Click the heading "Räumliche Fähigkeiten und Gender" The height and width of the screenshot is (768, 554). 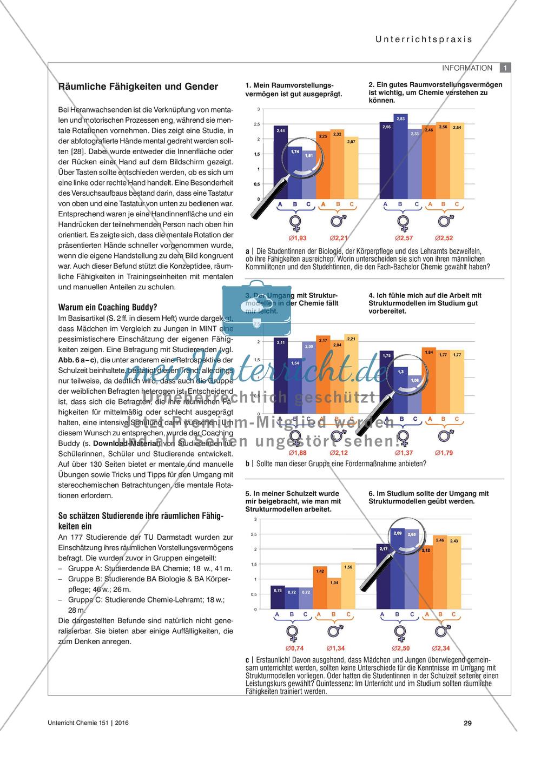point(138,87)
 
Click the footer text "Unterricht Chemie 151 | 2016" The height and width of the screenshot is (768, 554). point(85,723)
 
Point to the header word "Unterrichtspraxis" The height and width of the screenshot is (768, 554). point(416,39)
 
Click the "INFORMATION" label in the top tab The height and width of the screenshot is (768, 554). point(467,68)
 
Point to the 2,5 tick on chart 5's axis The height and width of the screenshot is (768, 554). point(254,534)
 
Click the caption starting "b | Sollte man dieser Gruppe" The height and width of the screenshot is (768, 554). point(335,464)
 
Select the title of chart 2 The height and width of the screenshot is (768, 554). point(435,92)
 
